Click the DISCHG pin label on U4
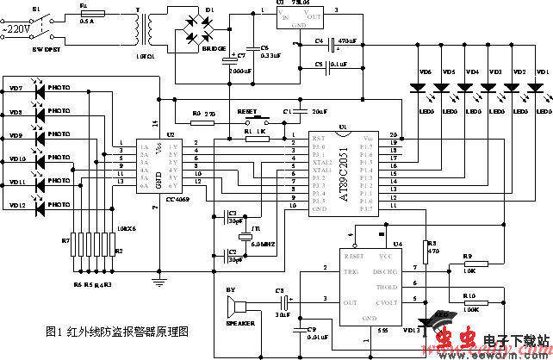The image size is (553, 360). click(385, 271)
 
